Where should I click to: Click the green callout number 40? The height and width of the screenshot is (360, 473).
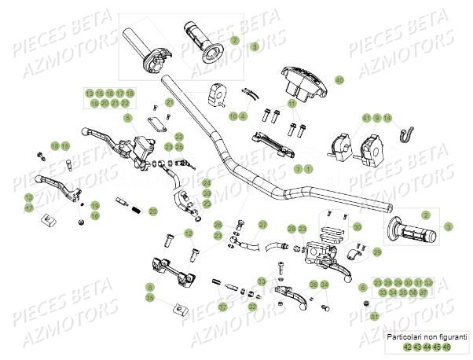click(339, 80)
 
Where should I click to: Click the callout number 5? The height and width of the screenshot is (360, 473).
click(127, 118)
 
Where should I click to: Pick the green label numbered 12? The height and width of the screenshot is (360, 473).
click(188, 233)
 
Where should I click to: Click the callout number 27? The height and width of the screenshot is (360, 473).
click(263, 224)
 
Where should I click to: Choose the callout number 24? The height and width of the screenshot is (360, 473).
click(207, 182)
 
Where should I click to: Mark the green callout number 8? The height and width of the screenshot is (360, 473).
click(150, 288)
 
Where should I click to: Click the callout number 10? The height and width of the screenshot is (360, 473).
click(233, 116)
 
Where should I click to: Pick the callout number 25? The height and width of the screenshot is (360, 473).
click(179, 147)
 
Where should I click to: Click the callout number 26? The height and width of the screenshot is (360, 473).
click(218, 225)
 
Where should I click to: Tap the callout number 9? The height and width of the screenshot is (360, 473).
click(376, 118)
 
